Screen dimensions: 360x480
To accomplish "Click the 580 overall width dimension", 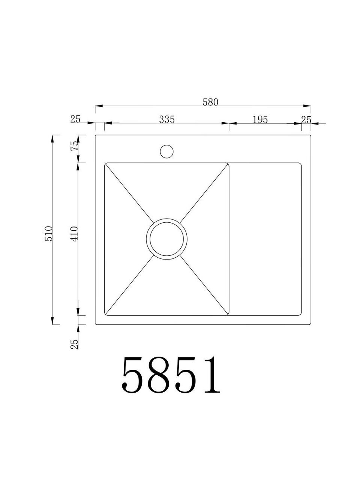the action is [x=210, y=102].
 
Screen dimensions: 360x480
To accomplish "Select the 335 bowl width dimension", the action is [x=167, y=119].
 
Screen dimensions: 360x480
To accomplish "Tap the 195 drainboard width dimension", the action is [x=260, y=120].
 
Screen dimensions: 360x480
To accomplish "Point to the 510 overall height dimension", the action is [x=49, y=234].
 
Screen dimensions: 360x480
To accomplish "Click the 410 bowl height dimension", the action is [x=74, y=234].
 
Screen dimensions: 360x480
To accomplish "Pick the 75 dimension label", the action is [x=74, y=146].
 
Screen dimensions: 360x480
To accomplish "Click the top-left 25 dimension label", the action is [x=75, y=119].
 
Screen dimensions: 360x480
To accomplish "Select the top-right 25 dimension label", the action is [x=306, y=120].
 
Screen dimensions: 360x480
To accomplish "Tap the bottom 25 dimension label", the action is [x=74, y=344].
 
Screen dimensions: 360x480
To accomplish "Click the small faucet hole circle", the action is [x=166, y=151].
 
